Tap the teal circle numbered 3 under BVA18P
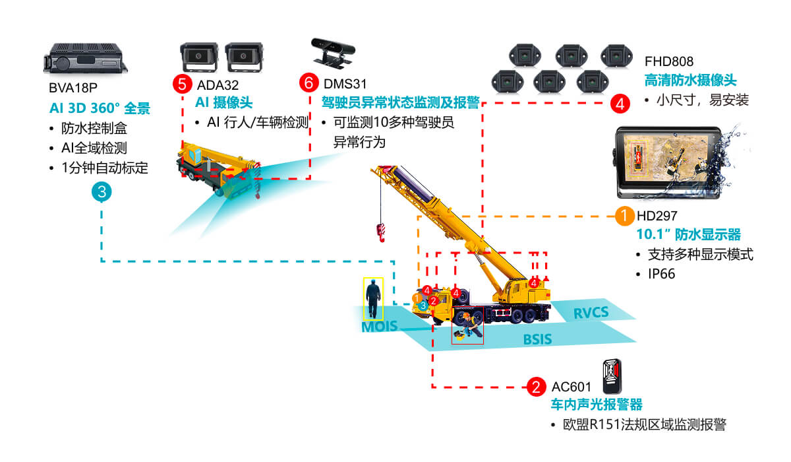101,192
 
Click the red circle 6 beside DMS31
308,84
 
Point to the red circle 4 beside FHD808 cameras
620,104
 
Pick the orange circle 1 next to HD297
624,215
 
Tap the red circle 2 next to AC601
537,387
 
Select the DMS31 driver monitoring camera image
332,51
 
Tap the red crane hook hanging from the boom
380,230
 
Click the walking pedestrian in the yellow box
373,298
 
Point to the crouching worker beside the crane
467,326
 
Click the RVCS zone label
591,312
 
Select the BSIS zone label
537,340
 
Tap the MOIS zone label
378,327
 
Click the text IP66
662,274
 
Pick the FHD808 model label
669,62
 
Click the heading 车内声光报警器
596,405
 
